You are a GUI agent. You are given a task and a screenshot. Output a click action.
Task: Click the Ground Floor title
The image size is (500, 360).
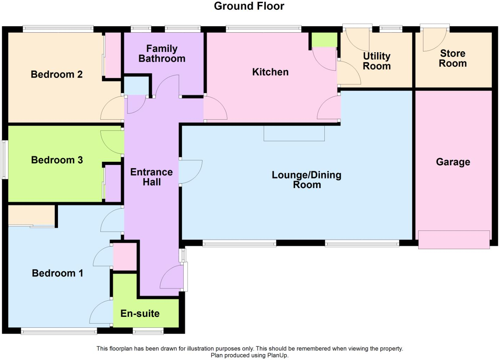(249, 6)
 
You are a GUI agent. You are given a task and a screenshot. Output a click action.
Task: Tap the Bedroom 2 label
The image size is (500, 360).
(57, 74)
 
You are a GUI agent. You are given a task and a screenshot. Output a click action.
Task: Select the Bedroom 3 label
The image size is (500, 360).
(57, 160)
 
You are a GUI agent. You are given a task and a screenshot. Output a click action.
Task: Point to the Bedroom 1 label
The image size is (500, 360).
(58, 273)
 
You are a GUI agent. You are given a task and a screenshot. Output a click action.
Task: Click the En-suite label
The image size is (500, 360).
(140, 313)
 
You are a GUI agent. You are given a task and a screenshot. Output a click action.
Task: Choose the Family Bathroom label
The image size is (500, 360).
(162, 53)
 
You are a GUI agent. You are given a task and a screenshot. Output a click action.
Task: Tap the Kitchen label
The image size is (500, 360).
(270, 72)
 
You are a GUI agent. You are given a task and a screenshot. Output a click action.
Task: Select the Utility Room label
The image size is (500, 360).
(376, 61)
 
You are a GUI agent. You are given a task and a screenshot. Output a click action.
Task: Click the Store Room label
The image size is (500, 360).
(453, 58)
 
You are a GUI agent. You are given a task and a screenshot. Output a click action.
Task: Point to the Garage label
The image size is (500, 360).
(453, 162)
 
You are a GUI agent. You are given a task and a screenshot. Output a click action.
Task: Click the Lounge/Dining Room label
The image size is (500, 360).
(307, 180)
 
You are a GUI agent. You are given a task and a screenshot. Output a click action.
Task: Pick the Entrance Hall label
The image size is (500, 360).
(151, 177)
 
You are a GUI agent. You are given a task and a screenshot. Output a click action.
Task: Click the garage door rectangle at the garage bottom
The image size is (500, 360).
(454, 240)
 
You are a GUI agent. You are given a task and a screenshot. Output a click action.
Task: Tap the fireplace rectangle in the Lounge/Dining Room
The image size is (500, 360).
(294, 133)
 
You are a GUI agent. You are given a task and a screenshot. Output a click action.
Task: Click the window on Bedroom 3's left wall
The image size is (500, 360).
(5, 160)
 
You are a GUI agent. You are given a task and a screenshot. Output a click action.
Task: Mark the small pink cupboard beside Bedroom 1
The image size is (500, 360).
(125, 256)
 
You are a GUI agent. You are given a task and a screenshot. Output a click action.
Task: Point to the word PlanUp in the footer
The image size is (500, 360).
(277, 355)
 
